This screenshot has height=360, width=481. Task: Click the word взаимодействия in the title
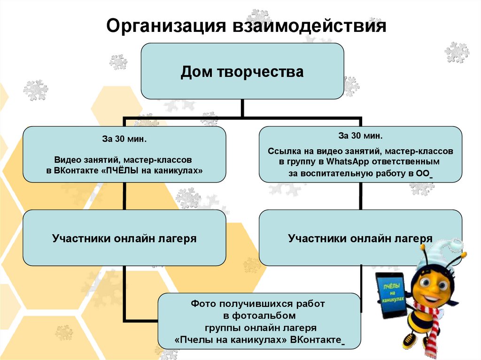307,26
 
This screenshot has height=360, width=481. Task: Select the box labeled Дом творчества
242,71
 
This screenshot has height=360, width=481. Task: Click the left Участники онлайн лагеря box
124,238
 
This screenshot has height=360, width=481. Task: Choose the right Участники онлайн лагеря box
360,238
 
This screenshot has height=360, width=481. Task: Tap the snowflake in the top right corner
457,52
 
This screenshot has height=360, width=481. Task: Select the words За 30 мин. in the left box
124,139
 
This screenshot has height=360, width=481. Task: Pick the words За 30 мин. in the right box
360,136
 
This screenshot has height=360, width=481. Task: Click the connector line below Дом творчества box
242,108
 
